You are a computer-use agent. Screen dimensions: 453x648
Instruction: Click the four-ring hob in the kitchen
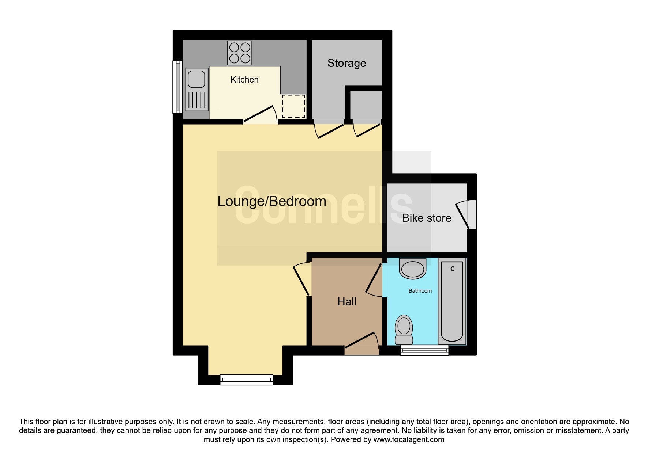click(x=240, y=53)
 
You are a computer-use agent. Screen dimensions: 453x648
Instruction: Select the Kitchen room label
click(x=244, y=80)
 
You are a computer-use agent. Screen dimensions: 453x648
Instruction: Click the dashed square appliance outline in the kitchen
click(x=293, y=106)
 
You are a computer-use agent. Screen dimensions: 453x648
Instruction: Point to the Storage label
click(x=347, y=63)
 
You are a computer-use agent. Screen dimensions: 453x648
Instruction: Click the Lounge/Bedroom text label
click(x=271, y=201)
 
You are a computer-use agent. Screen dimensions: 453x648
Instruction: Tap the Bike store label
click(x=427, y=218)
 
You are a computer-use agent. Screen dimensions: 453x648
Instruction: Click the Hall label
click(x=347, y=302)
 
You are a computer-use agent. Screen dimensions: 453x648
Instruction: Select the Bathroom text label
click(x=420, y=291)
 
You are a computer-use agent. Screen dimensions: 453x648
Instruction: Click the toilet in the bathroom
click(x=404, y=329)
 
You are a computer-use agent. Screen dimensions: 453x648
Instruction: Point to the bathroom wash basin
click(x=413, y=269)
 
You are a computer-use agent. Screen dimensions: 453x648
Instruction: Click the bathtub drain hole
click(x=453, y=269)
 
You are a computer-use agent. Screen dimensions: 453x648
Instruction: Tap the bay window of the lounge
click(x=247, y=380)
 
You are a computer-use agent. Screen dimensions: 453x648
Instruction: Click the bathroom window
click(x=424, y=350)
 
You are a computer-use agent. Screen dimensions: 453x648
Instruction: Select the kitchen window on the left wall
click(x=177, y=87)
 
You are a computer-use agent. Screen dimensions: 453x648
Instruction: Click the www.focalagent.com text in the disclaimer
click(x=409, y=439)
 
